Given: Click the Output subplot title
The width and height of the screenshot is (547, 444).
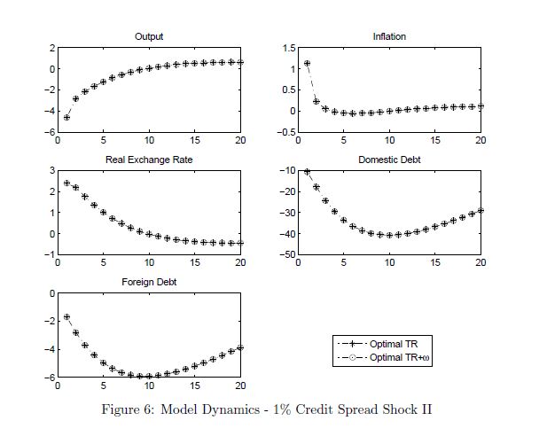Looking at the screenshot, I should pyautogui.click(x=149, y=36).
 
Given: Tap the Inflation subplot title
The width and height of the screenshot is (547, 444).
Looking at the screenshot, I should pyautogui.click(x=389, y=36).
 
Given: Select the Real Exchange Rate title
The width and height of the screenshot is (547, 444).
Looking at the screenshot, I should pyautogui.click(x=149, y=160).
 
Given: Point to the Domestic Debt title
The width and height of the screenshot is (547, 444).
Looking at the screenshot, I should pyautogui.click(x=389, y=160).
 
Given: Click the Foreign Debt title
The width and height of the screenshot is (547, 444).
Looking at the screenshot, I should pyautogui.click(x=149, y=283).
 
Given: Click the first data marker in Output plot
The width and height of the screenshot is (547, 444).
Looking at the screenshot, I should pyautogui.click(x=66, y=117).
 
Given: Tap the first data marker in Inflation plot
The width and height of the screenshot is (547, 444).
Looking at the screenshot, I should pyautogui.click(x=307, y=64).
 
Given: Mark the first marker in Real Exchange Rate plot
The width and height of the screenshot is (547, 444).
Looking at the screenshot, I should pyautogui.click(x=66, y=183).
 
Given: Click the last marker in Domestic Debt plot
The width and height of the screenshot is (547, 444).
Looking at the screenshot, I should pyautogui.click(x=481, y=210).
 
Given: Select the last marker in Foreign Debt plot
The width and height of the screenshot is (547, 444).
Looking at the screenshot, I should pyautogui.click(x=240, y=347).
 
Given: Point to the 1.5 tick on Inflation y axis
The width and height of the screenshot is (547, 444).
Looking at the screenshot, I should pyautogui.click(x=289, y=47).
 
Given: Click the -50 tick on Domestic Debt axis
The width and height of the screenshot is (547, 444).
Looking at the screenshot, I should pyautogui.click(x=285, y=255).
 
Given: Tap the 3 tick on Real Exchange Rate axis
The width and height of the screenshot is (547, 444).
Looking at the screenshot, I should pyautogui.click(x=52, y=170).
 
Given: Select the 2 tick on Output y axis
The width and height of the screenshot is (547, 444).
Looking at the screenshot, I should pyautogui.click(x=52, y=47).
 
